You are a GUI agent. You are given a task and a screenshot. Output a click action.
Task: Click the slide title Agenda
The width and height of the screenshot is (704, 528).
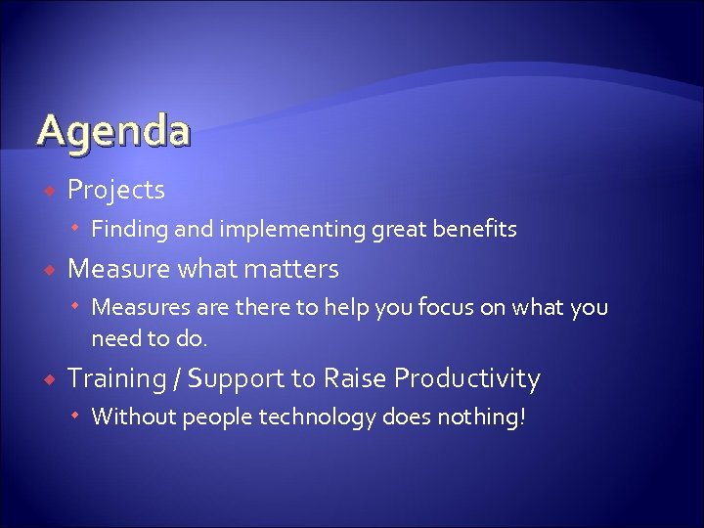pyautogui.click(x=112, y=131)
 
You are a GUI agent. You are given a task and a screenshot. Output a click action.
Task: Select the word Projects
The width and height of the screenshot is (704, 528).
pyautogui.click(x=115, y=189)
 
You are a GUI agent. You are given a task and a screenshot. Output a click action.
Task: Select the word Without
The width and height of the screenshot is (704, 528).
pyautogui.click(x=132, y=418)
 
